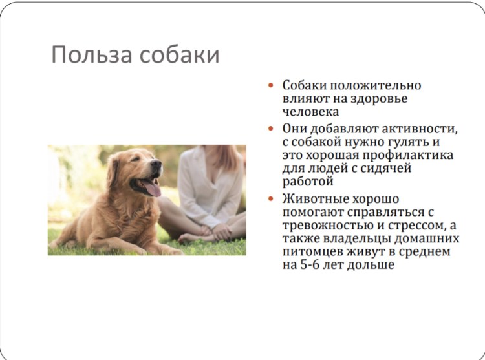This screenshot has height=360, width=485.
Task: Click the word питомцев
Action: click(314, 252)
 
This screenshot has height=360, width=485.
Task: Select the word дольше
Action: click(373, 265)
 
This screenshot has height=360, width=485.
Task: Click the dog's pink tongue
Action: click(151, 188)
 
